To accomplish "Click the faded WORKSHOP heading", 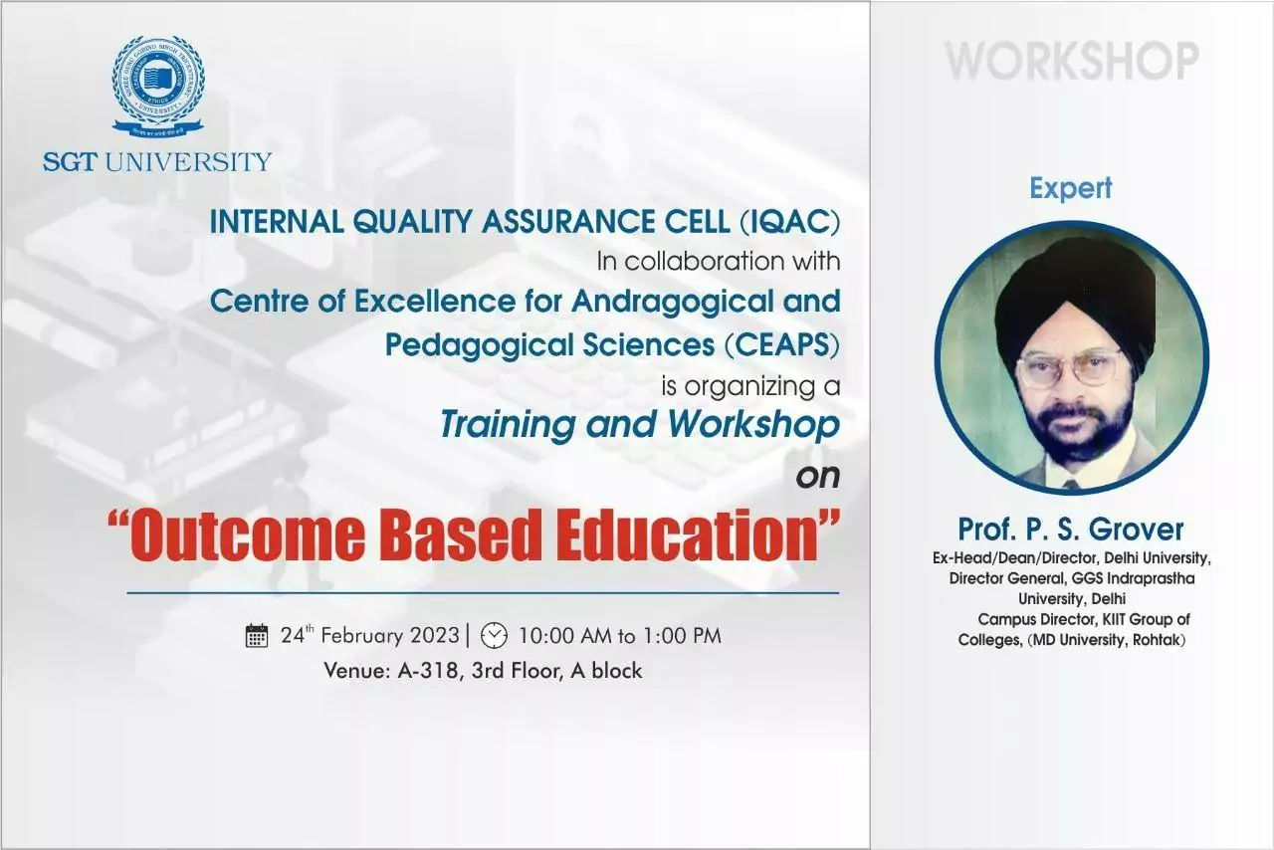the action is tap(1072, 61).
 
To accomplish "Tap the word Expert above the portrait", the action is tap(1071, 188).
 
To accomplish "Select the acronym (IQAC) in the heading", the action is tap(790, 222).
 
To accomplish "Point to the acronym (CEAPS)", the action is tap(782, 345).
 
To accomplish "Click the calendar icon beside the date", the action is tap(257, 636).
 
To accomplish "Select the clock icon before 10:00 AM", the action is tap(495, 635).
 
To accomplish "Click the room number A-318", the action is tap(428, 671).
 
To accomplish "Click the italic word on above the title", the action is tap(818, 477).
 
